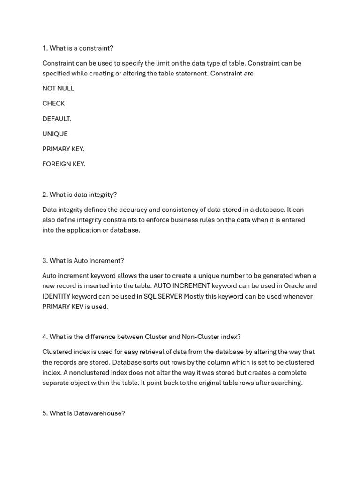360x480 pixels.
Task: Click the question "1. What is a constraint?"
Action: (78, 48)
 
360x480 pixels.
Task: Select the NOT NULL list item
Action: (58, 88)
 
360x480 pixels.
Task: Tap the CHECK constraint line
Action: (53, 103)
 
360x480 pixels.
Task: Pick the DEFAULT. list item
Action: (57, 119)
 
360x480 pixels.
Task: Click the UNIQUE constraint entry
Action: (55, 134)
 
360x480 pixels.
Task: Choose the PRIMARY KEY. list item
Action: (63, 149)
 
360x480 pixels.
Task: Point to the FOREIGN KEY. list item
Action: (64, 164)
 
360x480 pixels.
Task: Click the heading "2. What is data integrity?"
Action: (79, 195)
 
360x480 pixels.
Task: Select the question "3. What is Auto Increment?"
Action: (83, 261)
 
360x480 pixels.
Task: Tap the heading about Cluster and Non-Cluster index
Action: (141, 337)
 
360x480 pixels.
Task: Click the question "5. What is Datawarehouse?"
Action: (83, 413)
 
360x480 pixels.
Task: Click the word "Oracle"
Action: (294, 285)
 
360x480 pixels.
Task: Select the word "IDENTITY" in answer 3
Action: (56, 296)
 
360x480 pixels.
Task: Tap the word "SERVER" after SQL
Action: (169, 296)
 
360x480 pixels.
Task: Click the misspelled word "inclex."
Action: (52, 373)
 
